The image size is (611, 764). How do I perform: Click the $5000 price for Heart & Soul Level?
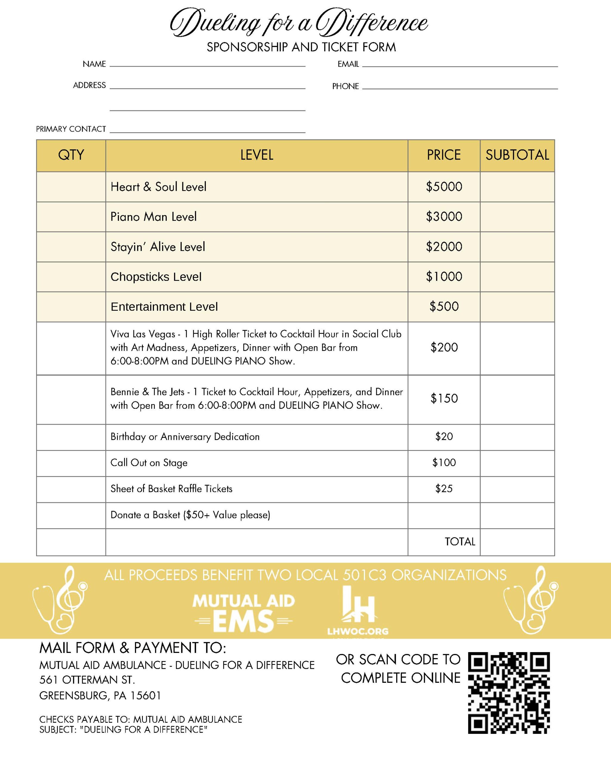click(444, 187)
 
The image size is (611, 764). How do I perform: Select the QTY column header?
click(71, 155)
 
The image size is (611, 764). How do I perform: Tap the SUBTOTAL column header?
click(517, 155)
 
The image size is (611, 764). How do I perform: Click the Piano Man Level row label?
click(153, 216)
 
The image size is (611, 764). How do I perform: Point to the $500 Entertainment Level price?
click(444, 306)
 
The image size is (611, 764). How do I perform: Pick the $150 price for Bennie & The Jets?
click(444, 399)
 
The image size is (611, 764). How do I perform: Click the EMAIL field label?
click(348, 64)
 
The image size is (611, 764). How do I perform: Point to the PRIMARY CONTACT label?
click(71, 129)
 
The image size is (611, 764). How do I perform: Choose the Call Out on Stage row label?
click(149, 463)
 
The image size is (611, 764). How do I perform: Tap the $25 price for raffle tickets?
click(444, 489)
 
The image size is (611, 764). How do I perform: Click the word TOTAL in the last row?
click(460, 541)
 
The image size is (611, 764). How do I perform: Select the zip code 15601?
click(146, 696)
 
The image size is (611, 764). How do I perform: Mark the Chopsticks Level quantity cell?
click(71, 277)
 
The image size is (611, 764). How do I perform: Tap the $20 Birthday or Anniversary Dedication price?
click(444, 437)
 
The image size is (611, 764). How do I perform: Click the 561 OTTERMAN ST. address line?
click(87, 680)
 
